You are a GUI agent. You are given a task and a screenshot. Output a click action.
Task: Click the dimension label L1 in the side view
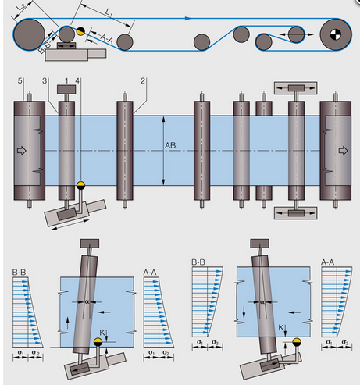(109, 12)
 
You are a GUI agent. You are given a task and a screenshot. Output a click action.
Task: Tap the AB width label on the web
(170, 145)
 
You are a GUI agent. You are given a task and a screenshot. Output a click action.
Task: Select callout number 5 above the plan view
(20, 81)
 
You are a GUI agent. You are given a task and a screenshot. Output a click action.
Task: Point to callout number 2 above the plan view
(143, 81)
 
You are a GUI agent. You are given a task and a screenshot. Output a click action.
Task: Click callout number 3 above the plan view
(45, 81)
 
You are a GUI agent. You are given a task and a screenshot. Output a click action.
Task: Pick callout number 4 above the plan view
(77, 81)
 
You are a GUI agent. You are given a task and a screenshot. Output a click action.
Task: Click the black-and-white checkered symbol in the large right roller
(335, 34)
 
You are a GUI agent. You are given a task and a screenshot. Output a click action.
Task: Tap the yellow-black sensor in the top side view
(80, 31)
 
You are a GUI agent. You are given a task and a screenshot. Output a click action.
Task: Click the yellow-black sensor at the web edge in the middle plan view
(80, 185)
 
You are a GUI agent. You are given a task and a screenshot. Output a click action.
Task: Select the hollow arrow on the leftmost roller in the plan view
(22, 151)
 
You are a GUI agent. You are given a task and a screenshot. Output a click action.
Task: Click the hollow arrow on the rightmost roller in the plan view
(343, 151)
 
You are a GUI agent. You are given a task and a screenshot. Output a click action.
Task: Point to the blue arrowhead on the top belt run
(187, 18)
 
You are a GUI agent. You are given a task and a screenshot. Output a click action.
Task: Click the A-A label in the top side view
(107, 39)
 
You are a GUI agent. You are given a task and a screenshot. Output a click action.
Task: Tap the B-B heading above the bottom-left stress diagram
(20, 273)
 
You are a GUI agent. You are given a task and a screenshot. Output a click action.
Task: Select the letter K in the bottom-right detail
(281, 328)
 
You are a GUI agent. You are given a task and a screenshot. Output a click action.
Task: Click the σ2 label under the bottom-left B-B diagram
(36, 352)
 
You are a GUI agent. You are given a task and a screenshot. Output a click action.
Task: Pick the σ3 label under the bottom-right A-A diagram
(345, 342)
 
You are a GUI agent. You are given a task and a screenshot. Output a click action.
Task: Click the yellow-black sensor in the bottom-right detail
(296, 342)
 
